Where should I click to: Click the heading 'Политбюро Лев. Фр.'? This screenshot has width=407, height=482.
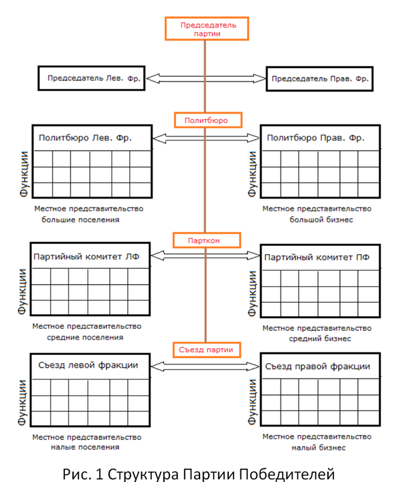click(x=85, y=138)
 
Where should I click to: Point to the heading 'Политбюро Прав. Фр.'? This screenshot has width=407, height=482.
click(x=315, y=138)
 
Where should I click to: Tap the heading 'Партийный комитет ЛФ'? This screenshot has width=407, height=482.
click(x=86, y=257)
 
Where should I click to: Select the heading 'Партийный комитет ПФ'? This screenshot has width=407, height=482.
click(x=317, y=257)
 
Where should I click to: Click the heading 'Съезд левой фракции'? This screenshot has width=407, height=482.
click(x=88, y=365)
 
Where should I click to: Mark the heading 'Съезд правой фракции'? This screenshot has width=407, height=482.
click(x=317, y=366)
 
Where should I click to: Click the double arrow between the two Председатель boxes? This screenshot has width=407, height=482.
click(x=206, y=78)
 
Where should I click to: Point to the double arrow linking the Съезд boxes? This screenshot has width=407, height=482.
click(x=205, y=366)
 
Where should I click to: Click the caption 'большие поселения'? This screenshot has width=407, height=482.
click(x=80, y=220)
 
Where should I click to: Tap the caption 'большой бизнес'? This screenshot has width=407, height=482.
click(x=321, y=220)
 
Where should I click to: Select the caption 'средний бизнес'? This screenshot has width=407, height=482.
click(x=320, y=339)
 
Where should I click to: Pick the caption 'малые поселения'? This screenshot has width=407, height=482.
click(x=85, y=447)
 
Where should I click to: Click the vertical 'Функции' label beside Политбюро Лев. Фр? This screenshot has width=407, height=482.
click(x=23, y=174)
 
